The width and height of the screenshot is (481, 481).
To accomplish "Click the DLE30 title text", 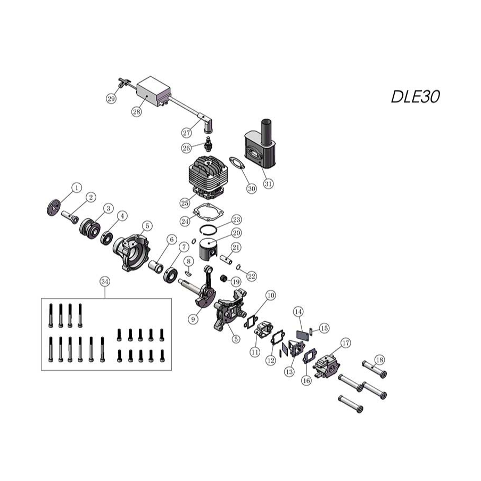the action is pos(416,96).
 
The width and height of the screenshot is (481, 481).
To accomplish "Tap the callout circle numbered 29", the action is pos(111,99).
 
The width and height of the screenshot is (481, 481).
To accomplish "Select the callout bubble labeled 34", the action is pos(105,281).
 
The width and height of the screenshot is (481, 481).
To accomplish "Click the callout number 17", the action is pos(346,343).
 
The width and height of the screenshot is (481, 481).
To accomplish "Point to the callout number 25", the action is pos(185,203).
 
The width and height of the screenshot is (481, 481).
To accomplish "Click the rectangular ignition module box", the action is pos(153,91).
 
